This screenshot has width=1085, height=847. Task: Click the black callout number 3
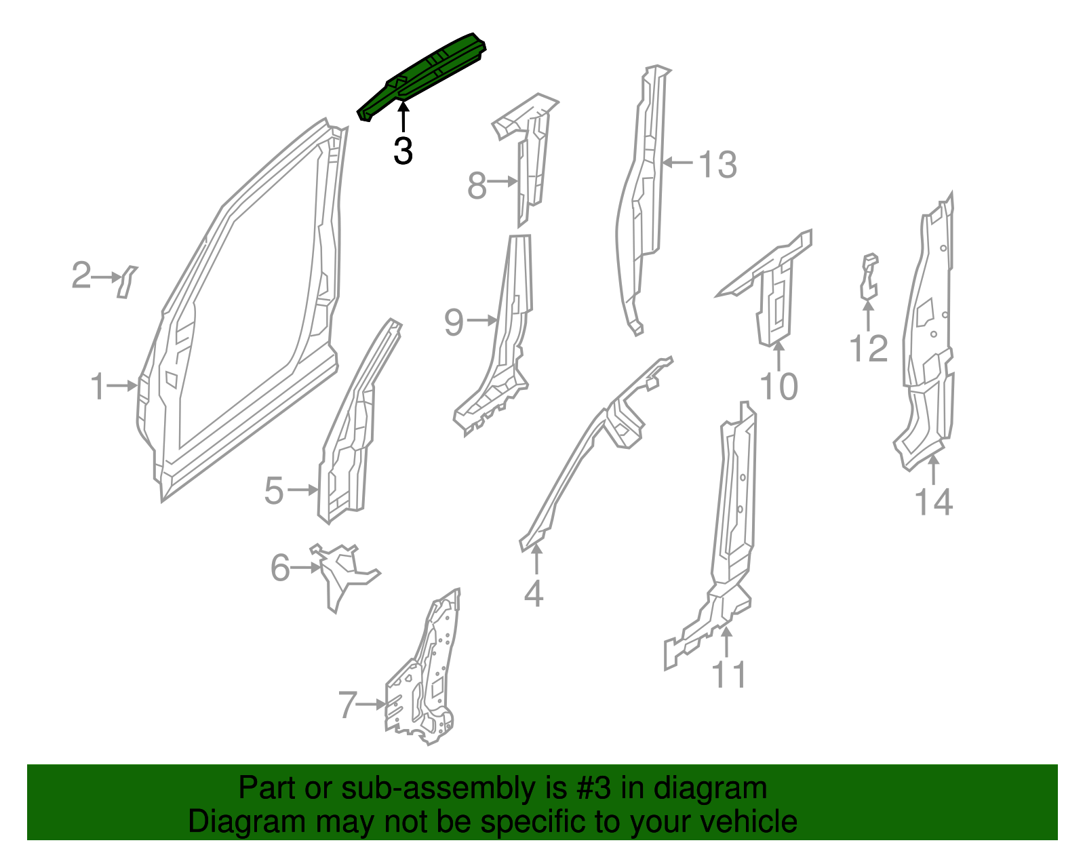pyautogui.click(x=403, y=151)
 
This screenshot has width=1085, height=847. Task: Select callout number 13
pyautogui.click(x=717, y=165)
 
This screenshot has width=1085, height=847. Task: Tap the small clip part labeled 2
pyautogui.click(x=126, y=281)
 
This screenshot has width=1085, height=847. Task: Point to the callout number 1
pyautogui.click(x=98, y=387)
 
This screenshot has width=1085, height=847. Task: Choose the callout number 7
pyautogui.click(x=347, y=705)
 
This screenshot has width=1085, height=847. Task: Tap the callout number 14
pyautogui.click(x=934, y=503)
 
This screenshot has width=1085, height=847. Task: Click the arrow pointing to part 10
pyautogui.click(x=778, y=356)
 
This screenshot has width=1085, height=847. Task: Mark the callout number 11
pyautogui.click(x=729, y=675)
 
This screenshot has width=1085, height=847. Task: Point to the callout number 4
pyautogui.click(x=534, y=594)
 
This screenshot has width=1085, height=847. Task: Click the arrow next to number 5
pyautogui.click(x=302, y=490)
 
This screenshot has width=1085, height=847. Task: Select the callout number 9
pyautogui.click(x=454, y=322)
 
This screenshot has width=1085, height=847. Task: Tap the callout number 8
pyautogui.click(x=477, y=185)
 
